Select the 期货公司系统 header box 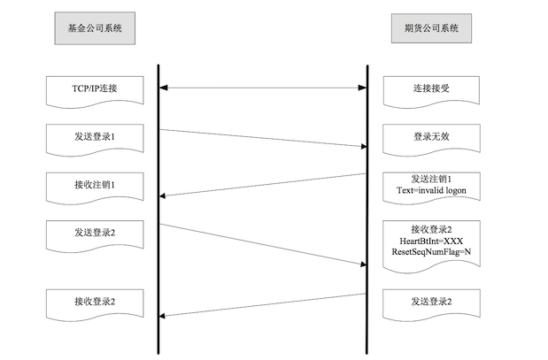tap(431, 28)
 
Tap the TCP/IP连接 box tap(95, 88)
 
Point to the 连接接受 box tap(431, 88)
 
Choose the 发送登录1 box tap(95, 137)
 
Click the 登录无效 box tap(431, 137)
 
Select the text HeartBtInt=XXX tap(431, 241)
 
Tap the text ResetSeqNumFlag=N tap(431, 252)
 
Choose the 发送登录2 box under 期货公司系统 tap(431, 302)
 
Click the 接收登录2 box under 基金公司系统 tap(95, 302)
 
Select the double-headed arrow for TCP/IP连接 tap(263, 88)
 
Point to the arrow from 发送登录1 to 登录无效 tap(263, 138)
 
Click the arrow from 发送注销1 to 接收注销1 tap(263, 185)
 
